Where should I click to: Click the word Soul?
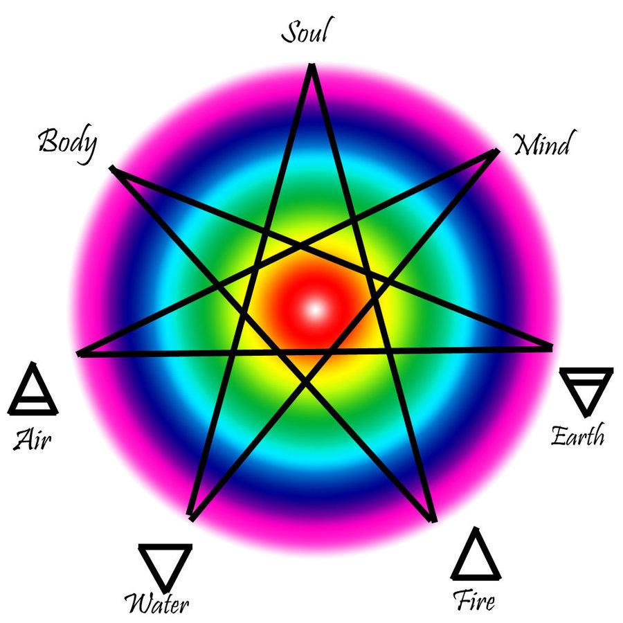pos(304,33)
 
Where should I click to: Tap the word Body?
pos(67,143)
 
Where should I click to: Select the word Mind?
pos(542,145)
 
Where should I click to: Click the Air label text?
pos(33,439)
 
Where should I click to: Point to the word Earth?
pos(577,436)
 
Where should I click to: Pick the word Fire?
pos(474,599)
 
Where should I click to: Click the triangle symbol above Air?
pos(33,391)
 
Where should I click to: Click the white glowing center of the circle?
pos(315,309)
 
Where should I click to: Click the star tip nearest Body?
pos(112,168)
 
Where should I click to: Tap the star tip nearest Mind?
pos(496,150)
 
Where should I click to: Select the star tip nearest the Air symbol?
pos(80,354)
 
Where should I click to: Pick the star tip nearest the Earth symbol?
pos(551,347)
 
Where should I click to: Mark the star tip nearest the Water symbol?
pos(192,518)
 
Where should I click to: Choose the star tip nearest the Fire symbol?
pos(433,520)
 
